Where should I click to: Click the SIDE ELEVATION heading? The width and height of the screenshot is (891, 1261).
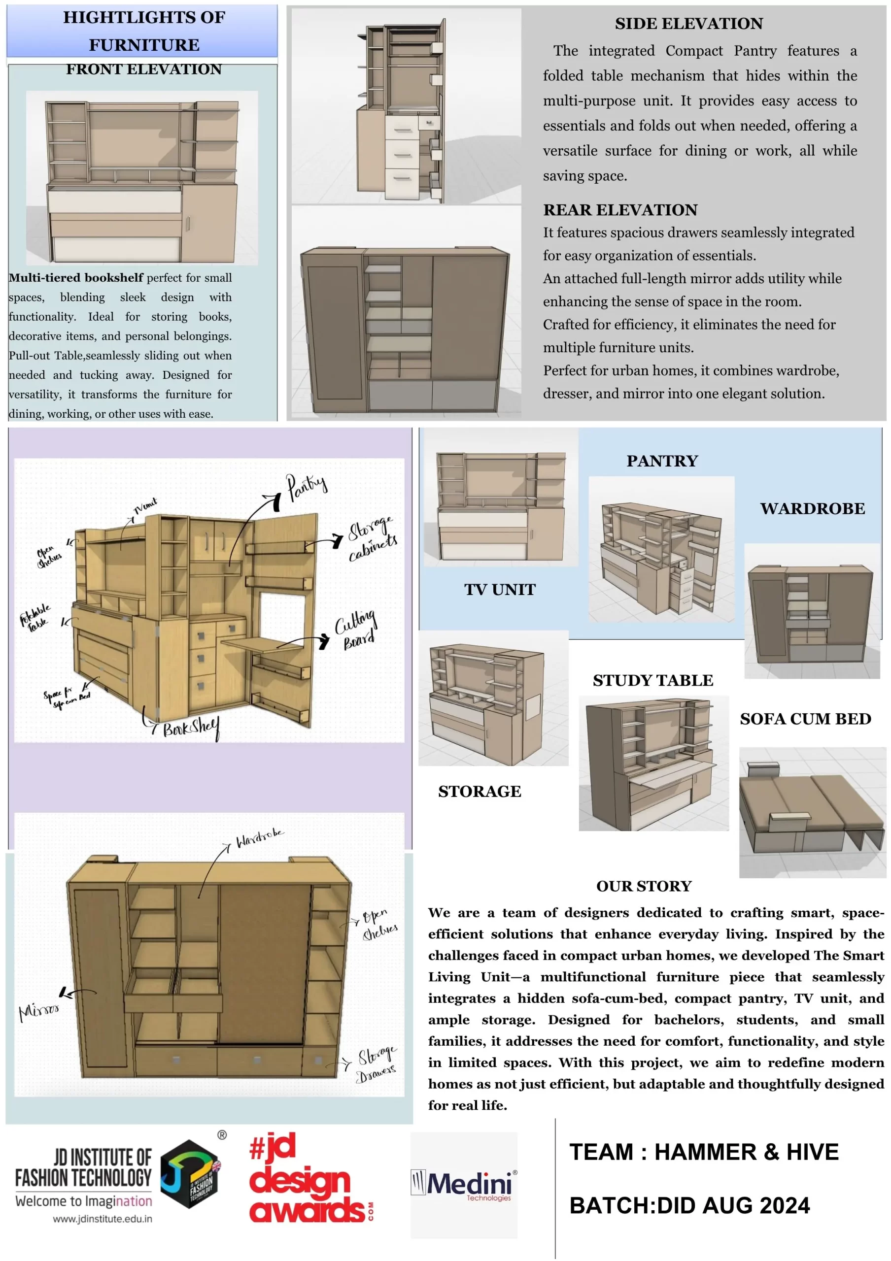click(688, 24)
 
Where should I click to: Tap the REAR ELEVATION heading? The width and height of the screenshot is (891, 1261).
click(620, 210)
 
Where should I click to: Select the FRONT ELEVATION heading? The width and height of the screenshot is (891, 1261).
click(144, 69)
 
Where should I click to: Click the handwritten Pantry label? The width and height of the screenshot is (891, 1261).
click(307, 486)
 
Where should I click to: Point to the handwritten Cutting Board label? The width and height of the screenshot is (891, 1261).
click(356, 630)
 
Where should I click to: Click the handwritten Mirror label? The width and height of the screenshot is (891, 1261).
click(39, 1009)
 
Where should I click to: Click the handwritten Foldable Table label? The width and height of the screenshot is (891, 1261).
click(35, 618)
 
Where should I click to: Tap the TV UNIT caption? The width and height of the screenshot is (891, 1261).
click(499, 590)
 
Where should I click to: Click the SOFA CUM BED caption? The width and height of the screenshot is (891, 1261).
click(805, 719)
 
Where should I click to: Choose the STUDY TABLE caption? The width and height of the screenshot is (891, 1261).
click(652, 680)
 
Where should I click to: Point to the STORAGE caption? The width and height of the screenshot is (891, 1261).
click(480, 792)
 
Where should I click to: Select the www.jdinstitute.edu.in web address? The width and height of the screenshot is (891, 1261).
click(103, 1219)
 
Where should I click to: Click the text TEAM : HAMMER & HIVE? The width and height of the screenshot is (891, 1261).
click(704, 1152)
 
